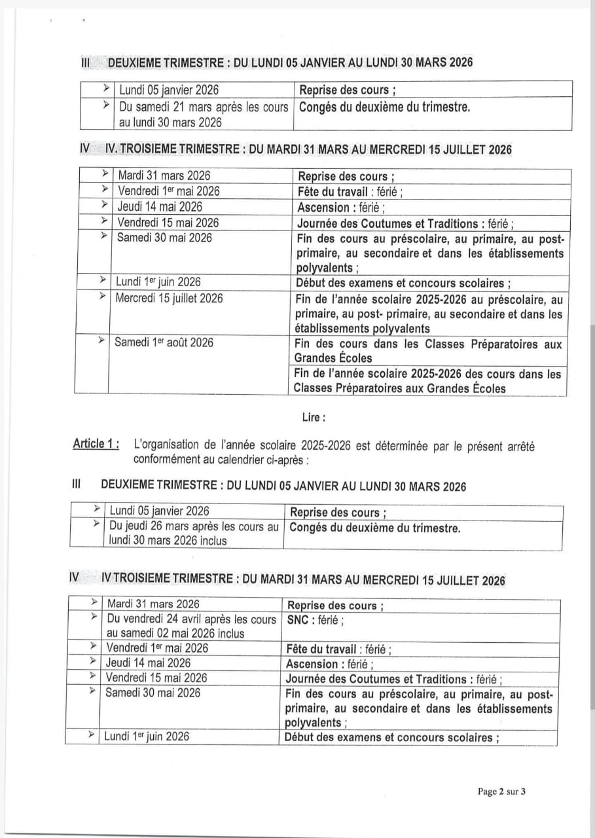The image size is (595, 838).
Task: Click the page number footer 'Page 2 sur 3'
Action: (x=502, y=792)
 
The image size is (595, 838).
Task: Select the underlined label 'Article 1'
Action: (x=96, y=445)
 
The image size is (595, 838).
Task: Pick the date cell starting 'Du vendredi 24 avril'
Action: (x=191, y=626)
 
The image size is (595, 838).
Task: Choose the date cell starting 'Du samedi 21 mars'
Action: (x=203, y=114)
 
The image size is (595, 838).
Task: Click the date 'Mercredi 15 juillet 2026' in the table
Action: (x=169, y=299)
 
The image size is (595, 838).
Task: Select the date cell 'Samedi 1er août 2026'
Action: (x=164, y=342)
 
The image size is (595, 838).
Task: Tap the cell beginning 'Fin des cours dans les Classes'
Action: (x=427, y=351)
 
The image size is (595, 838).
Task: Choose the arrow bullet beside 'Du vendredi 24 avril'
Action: (x=96, y=617)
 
